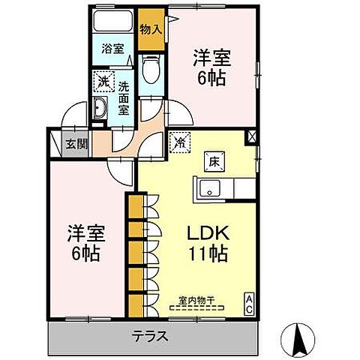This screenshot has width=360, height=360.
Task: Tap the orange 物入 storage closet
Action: (151, 31)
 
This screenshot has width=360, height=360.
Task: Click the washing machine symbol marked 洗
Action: (103, 79)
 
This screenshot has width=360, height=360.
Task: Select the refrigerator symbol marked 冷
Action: (181, 140)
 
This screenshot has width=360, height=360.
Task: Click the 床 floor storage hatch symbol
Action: (212, 160)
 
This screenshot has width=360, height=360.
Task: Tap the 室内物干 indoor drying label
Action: (196, 301)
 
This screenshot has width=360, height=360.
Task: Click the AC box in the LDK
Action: (249, 303)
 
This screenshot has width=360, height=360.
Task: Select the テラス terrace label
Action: (150, 337)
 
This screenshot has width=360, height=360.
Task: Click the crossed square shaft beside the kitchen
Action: (250, 138)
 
